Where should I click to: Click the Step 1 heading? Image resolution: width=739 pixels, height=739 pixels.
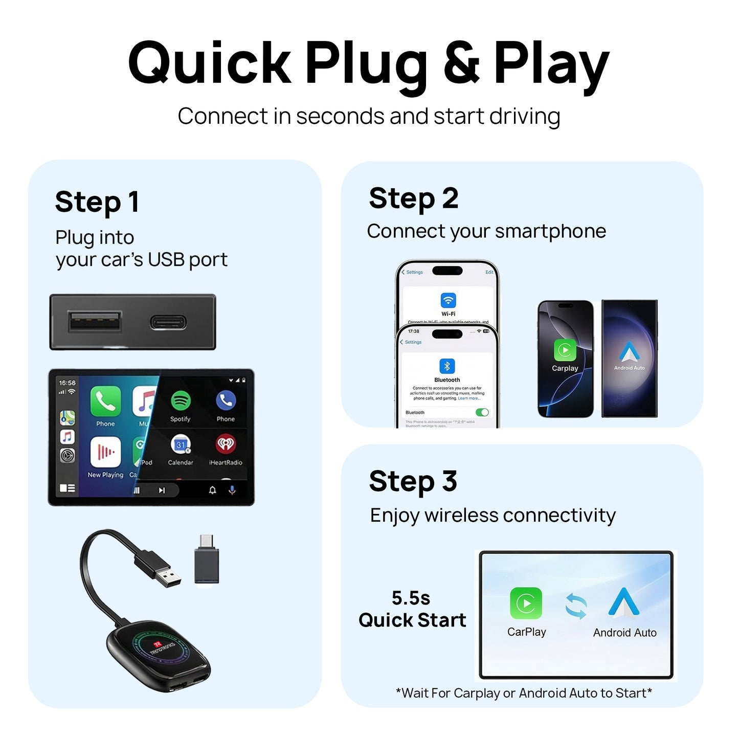tap(97, 202)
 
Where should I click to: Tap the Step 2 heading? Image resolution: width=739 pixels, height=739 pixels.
tap(413, 198)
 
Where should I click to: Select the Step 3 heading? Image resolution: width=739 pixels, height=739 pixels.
tap(413, 482)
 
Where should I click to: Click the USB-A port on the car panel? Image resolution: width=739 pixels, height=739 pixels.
tap(95, 322)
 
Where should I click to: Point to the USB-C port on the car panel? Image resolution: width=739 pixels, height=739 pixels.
tap(168, 322)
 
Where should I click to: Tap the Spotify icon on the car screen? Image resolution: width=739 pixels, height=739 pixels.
tap(181, 401)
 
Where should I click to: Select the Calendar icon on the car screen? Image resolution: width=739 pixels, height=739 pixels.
tap(181, 444)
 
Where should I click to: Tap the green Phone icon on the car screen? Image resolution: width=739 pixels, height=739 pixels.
tap(105, 401)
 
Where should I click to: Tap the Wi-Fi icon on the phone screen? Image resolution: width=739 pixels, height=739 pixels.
tap(448, 300)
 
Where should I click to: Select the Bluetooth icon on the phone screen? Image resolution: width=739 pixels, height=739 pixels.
tap(447, 366)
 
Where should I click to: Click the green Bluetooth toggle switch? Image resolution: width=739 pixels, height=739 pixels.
tap(482, 412)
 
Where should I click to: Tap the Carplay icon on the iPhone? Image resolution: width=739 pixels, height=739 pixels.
tap(565, 350)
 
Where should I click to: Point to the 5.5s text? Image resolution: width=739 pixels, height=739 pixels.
tap(411, 598)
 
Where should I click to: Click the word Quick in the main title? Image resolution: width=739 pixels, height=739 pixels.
tap(210, 63)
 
